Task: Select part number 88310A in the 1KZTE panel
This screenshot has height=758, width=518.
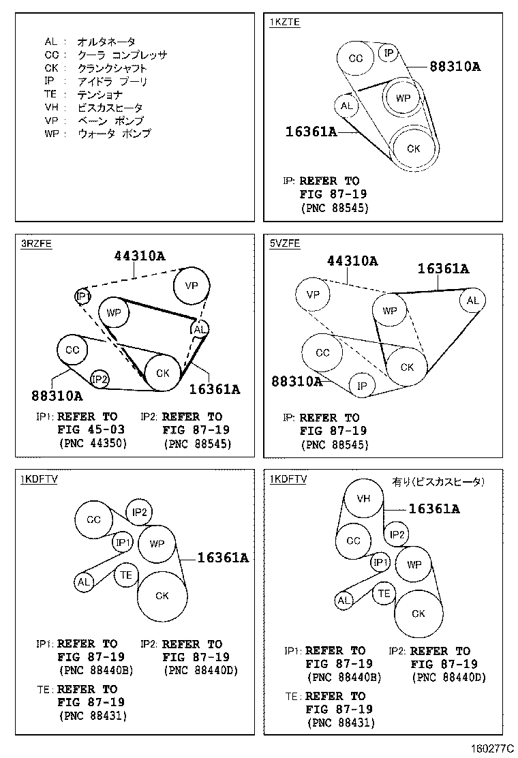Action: pos(455,66)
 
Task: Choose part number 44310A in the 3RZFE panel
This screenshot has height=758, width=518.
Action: pos(140,255)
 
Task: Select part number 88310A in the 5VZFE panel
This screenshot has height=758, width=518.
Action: pos(296,382)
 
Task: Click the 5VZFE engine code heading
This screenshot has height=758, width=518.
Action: pos(285,243)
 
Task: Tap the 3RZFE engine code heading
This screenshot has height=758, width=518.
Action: pos(36,243)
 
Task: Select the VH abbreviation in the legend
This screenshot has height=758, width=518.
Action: pos(51,107)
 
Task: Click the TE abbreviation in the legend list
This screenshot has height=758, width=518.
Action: pos(50,94)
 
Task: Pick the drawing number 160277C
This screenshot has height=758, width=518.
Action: pos(492,748)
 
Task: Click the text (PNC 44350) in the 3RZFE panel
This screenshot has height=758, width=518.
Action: pos(93,443)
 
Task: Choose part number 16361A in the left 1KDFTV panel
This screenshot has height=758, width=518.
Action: pos(223,558)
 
